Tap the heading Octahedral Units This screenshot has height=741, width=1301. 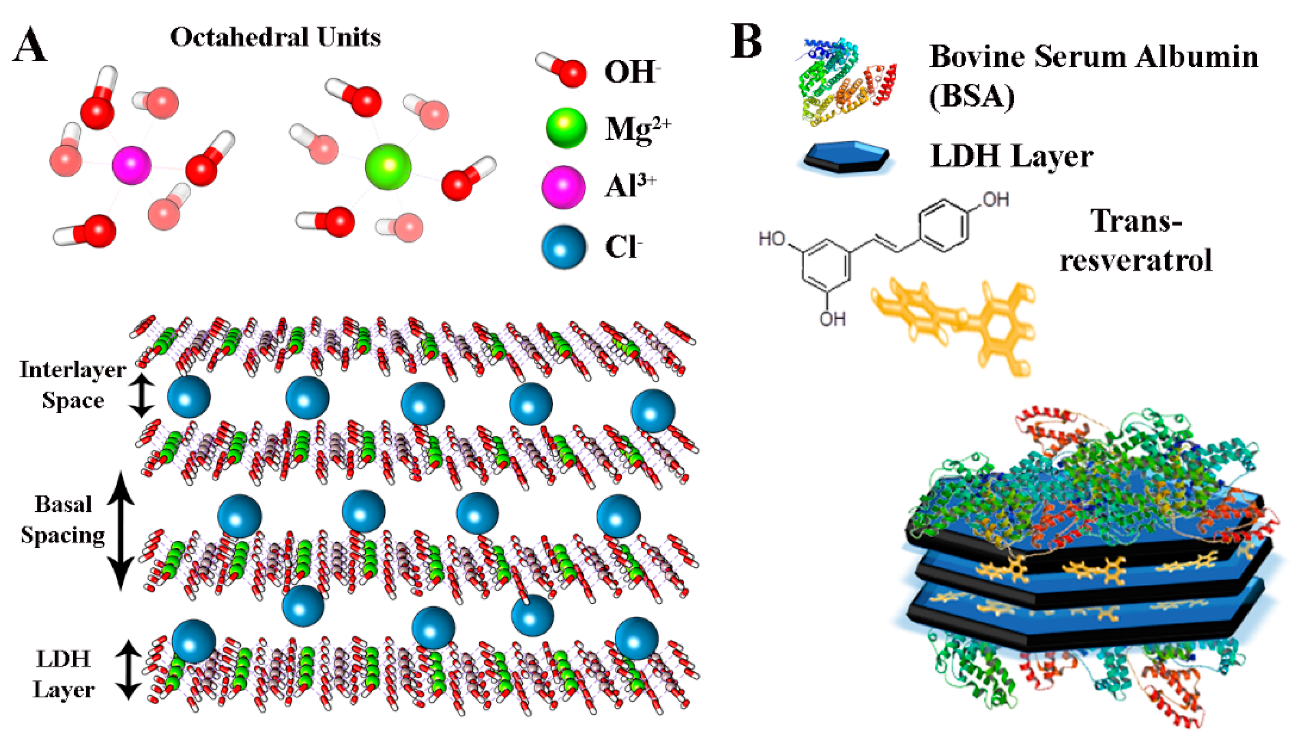(275, 37)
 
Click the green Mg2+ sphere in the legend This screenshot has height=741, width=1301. (566, 128)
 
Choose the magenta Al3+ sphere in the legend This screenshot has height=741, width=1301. (563, 187)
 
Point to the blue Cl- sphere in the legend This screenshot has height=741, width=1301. (564, 247)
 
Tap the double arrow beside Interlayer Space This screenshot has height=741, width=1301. (141, 397)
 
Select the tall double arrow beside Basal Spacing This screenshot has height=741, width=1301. (120, 531)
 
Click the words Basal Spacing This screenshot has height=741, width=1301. (63, 520)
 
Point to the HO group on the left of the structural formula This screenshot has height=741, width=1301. (772, 238)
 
